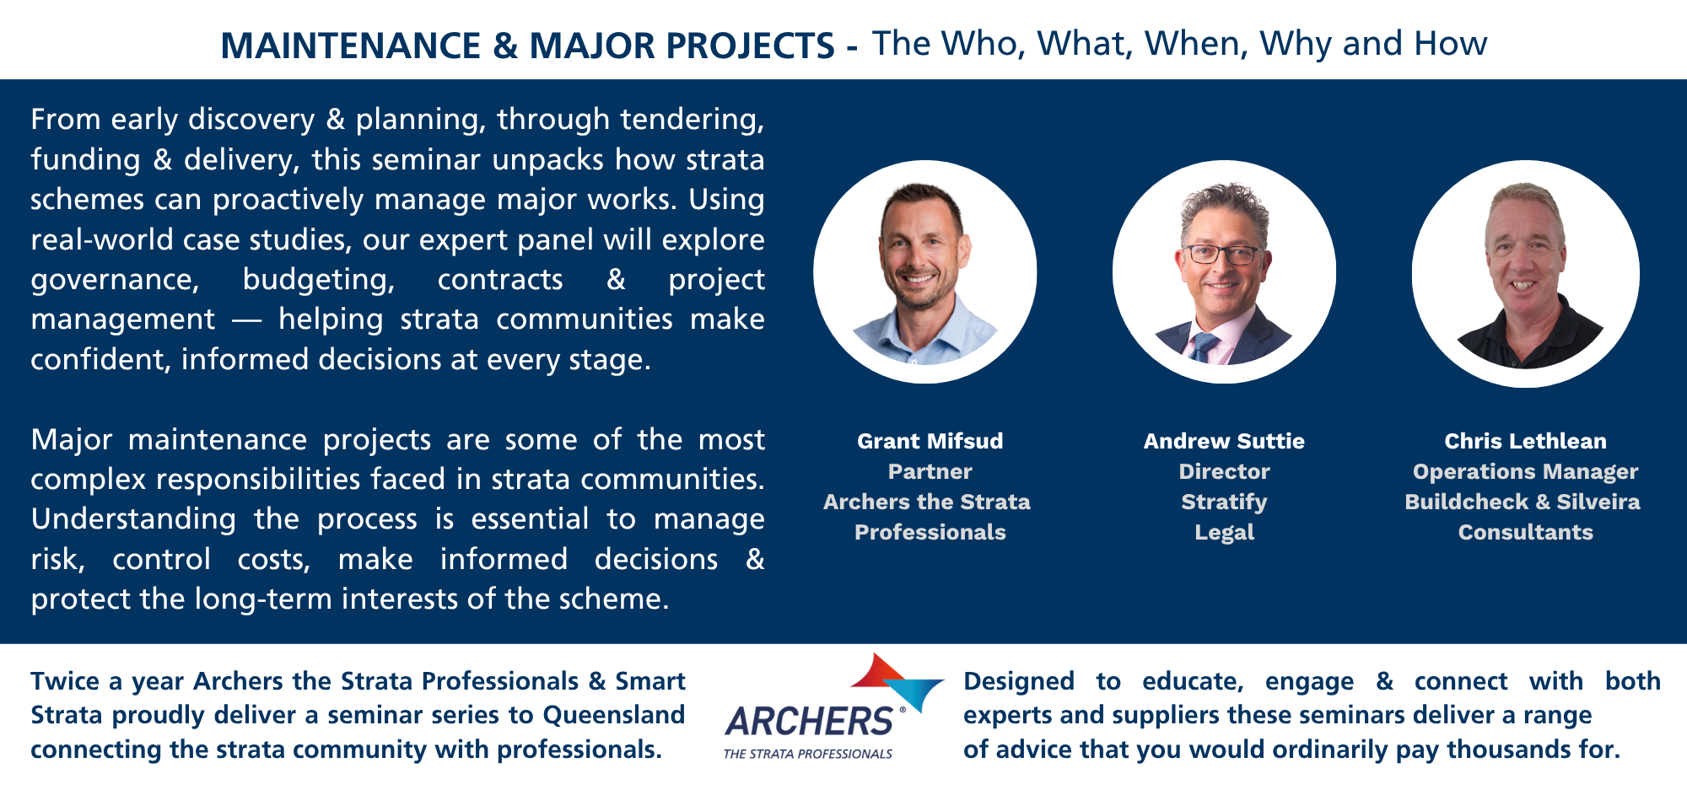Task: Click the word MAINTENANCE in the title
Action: (350, 46)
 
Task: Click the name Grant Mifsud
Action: (930, 441)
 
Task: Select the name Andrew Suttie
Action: (1224, 441)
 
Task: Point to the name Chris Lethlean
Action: (1525, 441)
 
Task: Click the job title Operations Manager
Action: (1525, 472)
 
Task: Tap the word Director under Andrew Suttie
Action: (1224, 471)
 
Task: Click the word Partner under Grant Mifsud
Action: (930, 471)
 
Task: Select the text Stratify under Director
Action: (1224, 502)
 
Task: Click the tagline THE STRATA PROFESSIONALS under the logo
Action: (807, 754)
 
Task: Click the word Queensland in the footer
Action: (614, 715)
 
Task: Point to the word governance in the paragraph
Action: (115, 280)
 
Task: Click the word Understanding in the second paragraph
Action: (133, 519)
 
